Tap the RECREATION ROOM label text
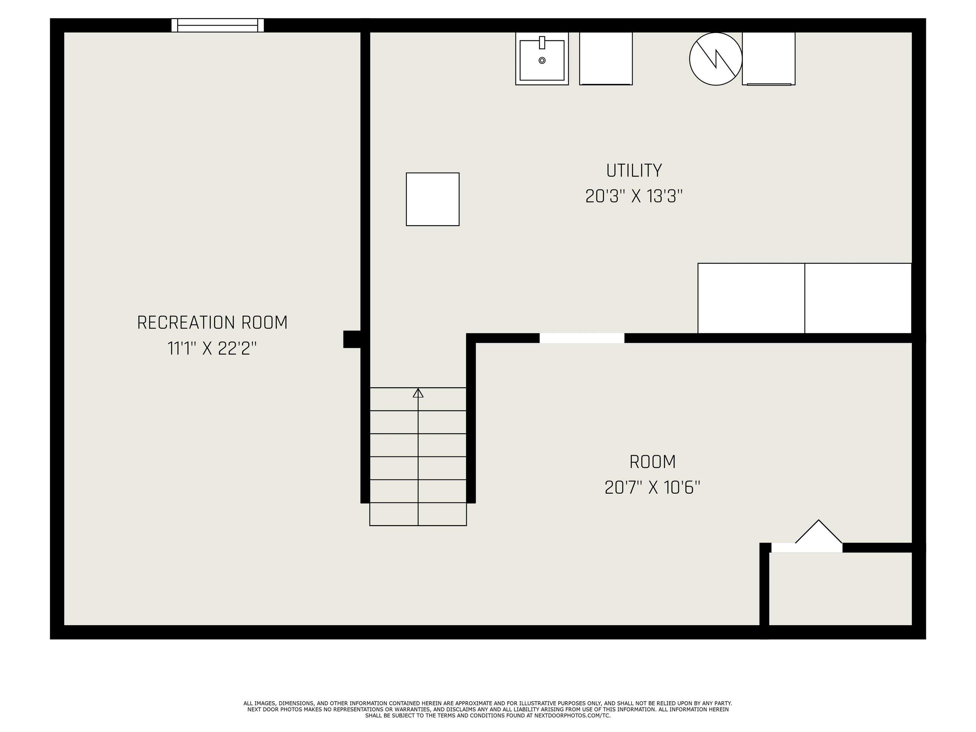[x=212, y=322]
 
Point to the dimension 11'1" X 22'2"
[x=212, y=349]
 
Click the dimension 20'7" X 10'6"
[x=652, y=488]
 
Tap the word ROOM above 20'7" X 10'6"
[x=653, y=462]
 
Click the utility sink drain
[x=542, y=60]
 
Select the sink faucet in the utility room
[x=542, y=42]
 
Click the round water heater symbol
[x=716, y=59]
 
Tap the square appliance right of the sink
[x=606, y=58]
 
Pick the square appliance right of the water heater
[x=769, y=58]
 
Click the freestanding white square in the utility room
[x=432, y=199]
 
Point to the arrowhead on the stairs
[x=418, y=392]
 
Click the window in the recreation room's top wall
[x=218, y=25]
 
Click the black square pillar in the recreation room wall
[x=352, y=339]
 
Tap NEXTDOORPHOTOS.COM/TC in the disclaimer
[x=572, y=715]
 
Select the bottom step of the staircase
[x=418, y=514]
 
